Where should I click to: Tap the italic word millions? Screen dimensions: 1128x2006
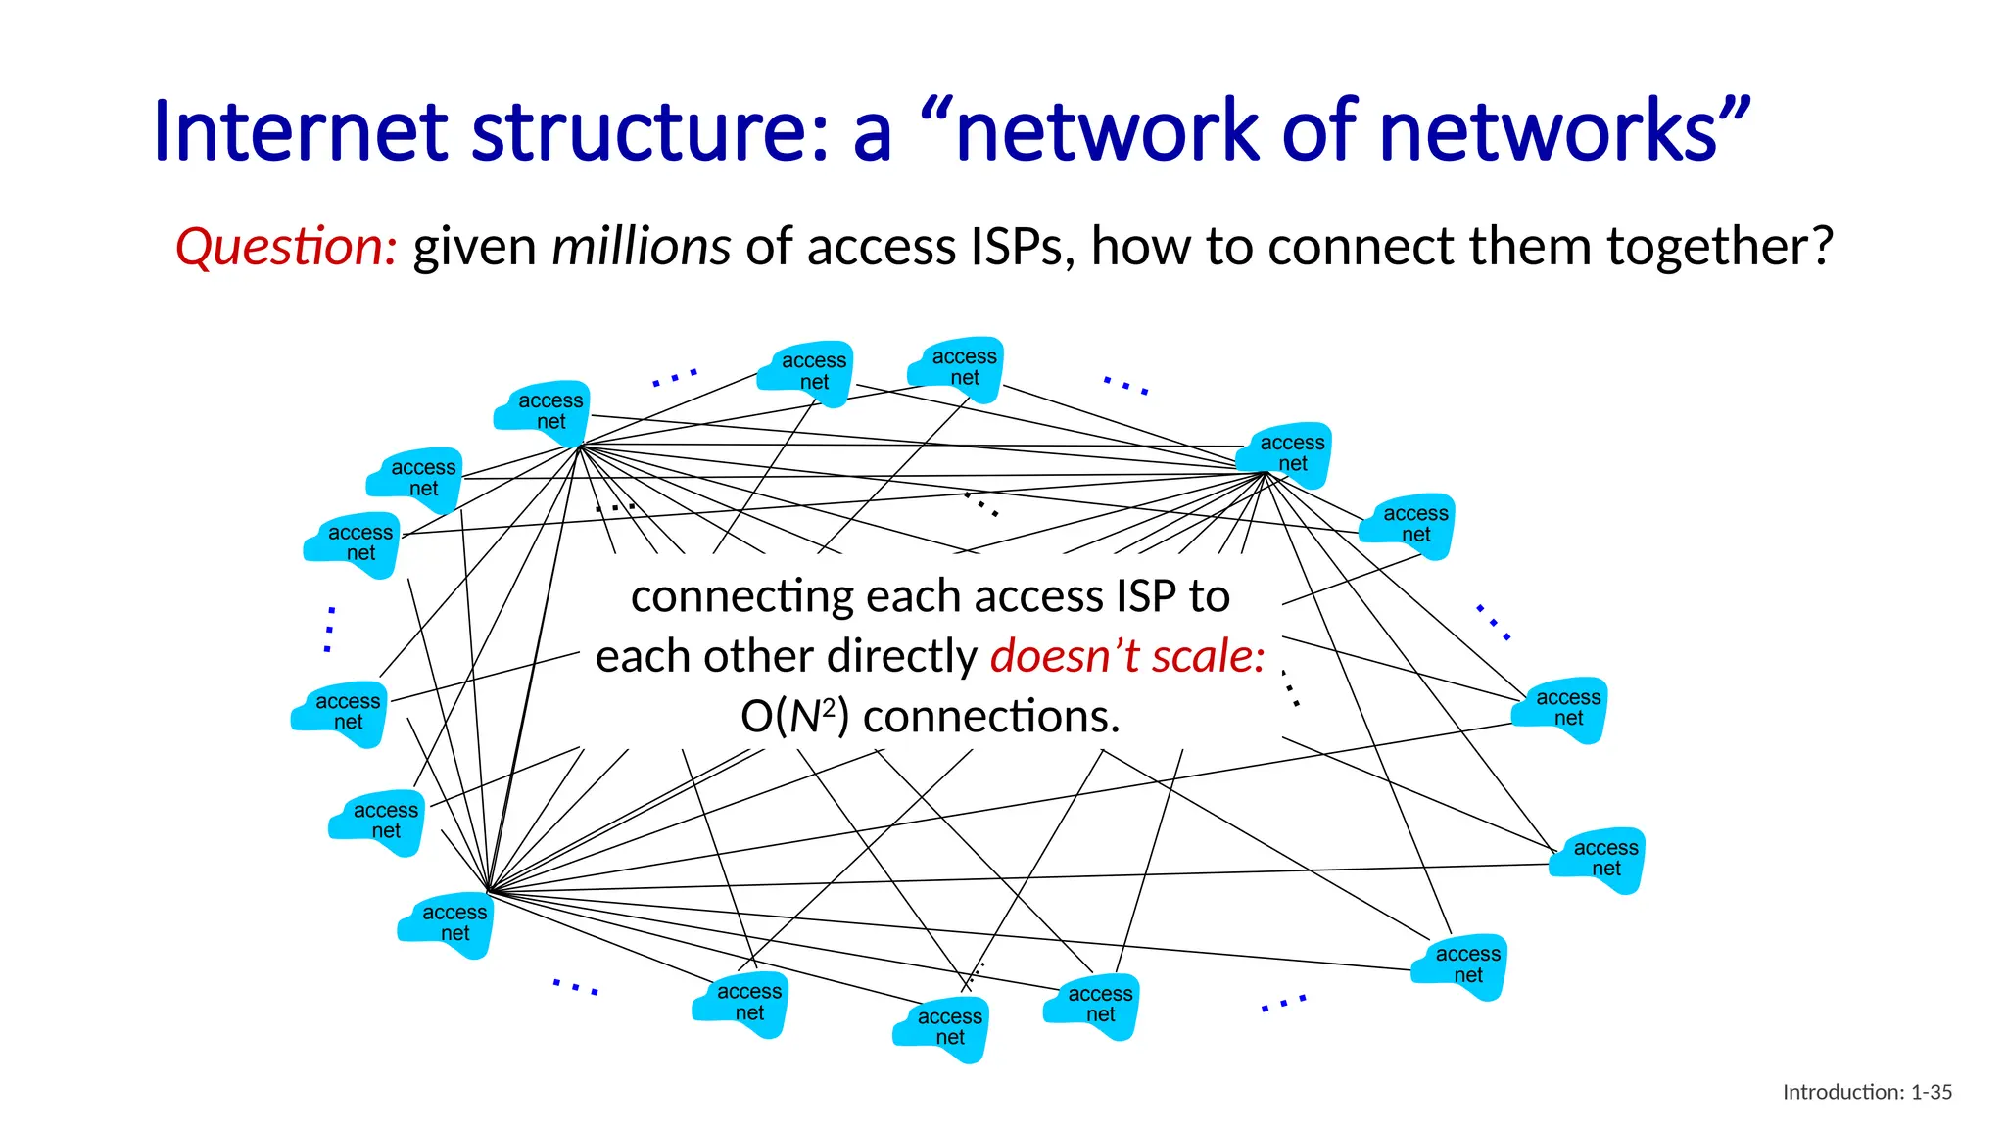(641, 247)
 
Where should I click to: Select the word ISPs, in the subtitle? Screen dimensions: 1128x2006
(1023, 247)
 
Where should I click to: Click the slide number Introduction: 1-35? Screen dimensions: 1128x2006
(1867, 1092)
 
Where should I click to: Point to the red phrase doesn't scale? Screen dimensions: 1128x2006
(1127, 656)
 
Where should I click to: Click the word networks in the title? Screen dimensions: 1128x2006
(1548, 132)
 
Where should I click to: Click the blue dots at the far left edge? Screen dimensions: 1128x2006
(330, 630)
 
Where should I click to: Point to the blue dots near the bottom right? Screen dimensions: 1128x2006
(1283, 1003)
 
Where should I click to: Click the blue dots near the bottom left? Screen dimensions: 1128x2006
(575, 987)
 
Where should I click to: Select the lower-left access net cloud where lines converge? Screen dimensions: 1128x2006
(448, 923)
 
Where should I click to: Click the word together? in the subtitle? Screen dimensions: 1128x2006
(1720, 247)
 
